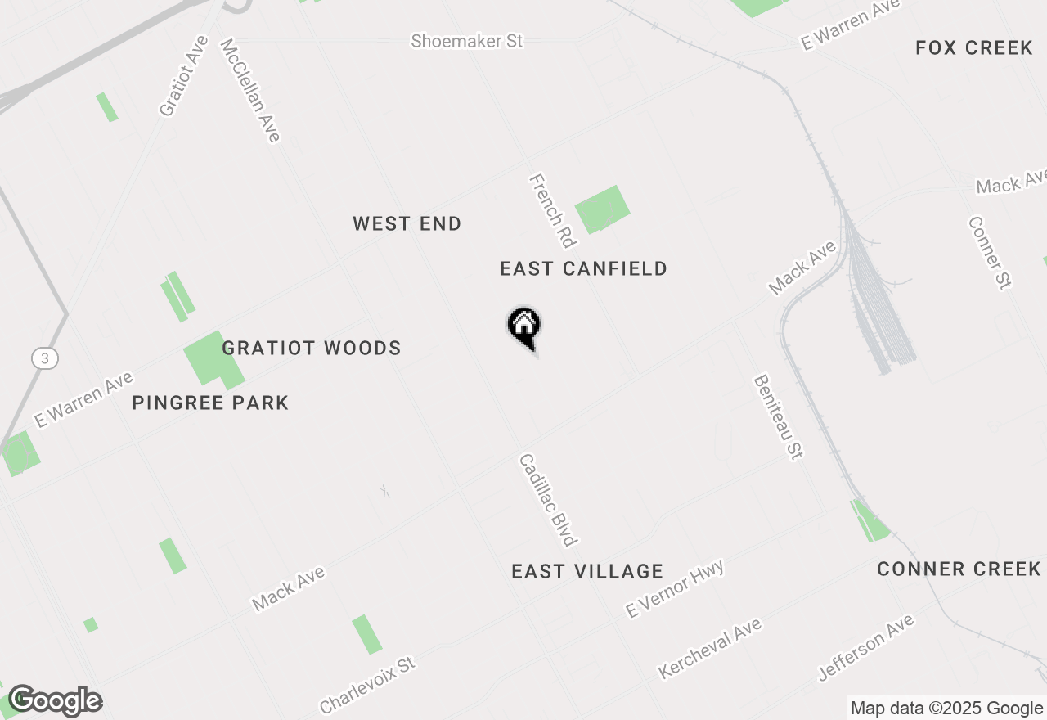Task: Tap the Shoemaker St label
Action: point(466,41)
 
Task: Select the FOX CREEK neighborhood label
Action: point(974,48)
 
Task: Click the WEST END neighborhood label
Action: point(407,224)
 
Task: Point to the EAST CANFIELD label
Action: point(584,269)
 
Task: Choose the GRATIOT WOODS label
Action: point(312,349)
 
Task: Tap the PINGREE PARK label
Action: point(210,403)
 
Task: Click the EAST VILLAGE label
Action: point(587,572)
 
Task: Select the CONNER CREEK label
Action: point(959,569)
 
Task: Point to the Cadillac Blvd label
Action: point(548,500)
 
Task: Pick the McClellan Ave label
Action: point(250,90)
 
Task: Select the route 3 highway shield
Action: point(46,358)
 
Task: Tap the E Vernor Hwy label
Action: point(675,589)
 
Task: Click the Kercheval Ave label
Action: point(710,649)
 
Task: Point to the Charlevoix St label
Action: point(367,684)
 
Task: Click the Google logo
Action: point(55,701)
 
